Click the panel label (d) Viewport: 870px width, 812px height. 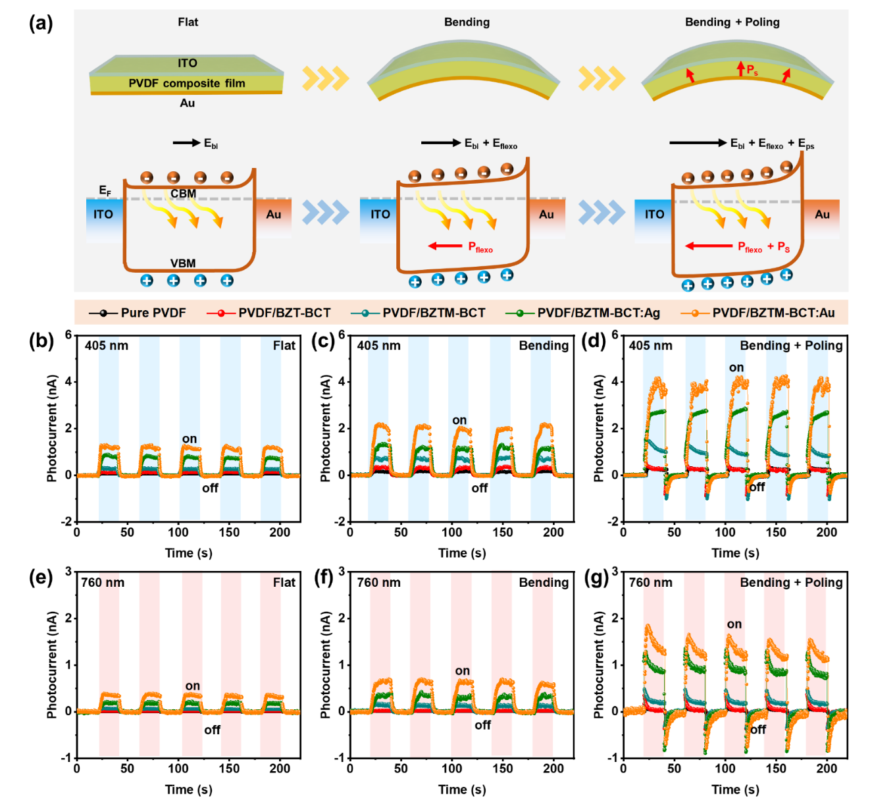pos(594,340)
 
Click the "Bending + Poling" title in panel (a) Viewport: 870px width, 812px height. pos(732,22)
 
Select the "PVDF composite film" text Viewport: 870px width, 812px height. pos(186,83)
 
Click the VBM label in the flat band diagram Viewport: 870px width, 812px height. pos(183,263)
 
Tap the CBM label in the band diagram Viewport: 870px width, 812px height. pos(183,194)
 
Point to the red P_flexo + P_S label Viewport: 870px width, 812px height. pos(763,248)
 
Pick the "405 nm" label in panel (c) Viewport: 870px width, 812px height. pos(378,345)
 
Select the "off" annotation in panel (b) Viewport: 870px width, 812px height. pos(210,488)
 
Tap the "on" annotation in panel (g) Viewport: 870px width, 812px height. pos(734,624)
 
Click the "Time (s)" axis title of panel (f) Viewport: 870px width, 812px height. pos(462,789)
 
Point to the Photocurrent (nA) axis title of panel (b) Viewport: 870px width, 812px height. pos(52,428)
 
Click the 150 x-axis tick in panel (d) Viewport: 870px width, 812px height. pos(776,532)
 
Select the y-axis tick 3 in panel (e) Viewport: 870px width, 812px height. pos(68,572)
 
